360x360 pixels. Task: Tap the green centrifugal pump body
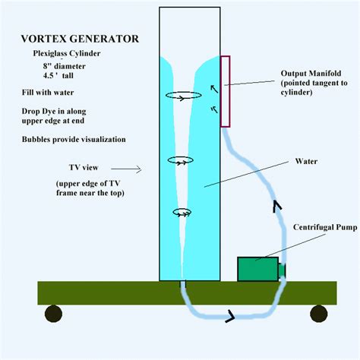point(257,269)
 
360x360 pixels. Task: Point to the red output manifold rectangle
point(225,90)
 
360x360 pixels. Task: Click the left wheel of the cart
point(53,313)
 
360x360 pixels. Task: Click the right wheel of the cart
point(319,313)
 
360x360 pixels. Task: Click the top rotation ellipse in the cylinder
point(183,96)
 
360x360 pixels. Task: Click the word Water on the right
point(308,161)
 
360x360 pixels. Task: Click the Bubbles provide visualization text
point(74,140)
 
